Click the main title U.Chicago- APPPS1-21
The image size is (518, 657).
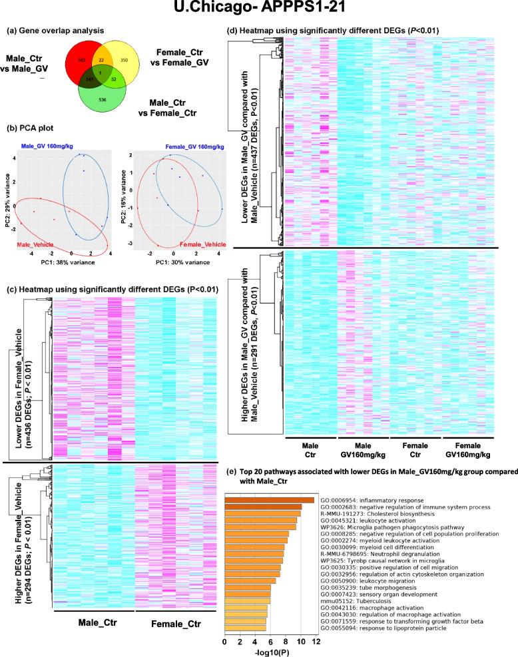[258, 11]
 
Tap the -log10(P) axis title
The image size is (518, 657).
[268, 651]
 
